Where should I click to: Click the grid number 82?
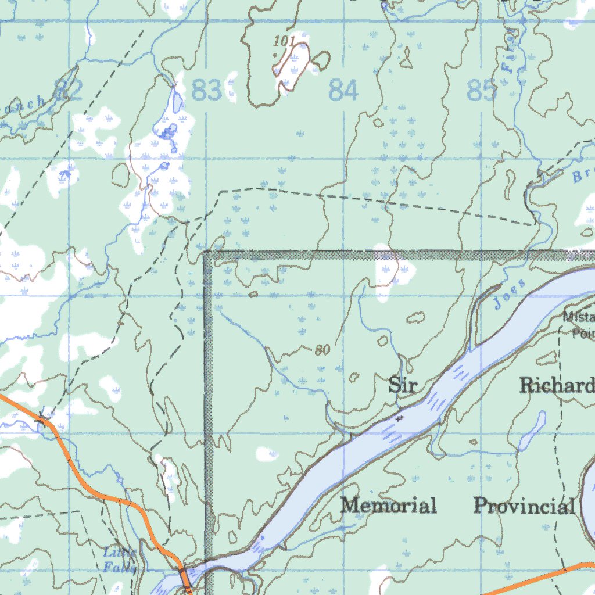point(68,90)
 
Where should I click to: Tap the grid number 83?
point(206,91)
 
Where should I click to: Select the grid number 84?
point(343,91)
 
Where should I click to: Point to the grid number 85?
point(482,91)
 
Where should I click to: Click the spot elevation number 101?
point(284,41)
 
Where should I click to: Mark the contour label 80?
point(322,350)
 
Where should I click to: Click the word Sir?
point(403,385)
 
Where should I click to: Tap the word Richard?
point(557,385)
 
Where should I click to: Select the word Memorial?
point(389,506)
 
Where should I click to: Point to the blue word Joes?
point(510,294)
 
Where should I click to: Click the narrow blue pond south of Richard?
point(533,431)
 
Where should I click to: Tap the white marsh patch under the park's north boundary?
point(388,273)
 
